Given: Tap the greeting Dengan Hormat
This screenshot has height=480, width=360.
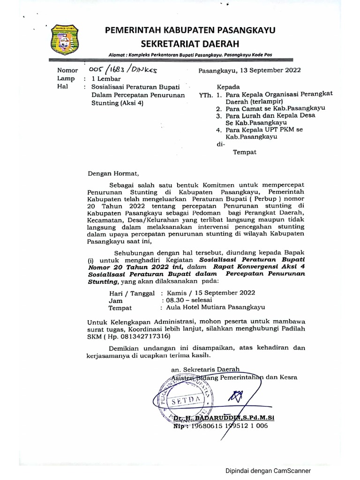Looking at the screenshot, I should coord(110,173).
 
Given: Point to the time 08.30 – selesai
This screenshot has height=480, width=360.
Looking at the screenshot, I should coord(186,300).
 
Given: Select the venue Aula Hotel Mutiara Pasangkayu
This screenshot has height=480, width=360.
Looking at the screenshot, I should coord(212,308).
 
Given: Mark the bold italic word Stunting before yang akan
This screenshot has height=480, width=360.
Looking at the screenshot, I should coord(103,282).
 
